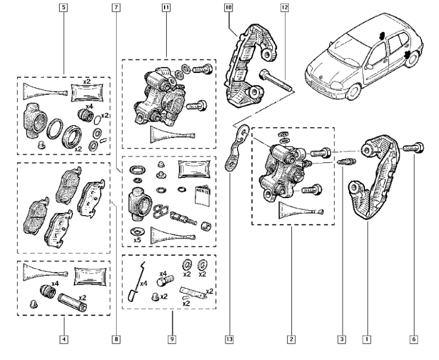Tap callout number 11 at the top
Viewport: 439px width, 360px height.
pos(166,8)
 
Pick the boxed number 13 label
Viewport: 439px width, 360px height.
pos(228,340)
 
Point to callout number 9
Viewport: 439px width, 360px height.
pos(172,340)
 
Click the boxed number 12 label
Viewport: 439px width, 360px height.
pos(284,8)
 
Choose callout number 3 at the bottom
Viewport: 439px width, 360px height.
pos(341,340)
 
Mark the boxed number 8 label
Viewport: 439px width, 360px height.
pos(116,340)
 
